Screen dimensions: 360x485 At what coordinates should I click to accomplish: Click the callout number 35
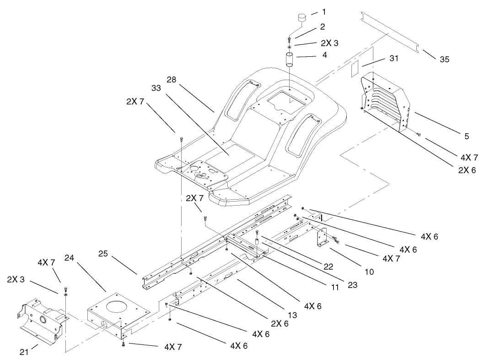point(444,59)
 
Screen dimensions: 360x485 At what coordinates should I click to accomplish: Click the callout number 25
point(103,253)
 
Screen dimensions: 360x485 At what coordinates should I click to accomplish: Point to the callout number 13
point(292,315)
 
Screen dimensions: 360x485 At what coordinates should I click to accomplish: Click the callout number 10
point(369,272)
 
